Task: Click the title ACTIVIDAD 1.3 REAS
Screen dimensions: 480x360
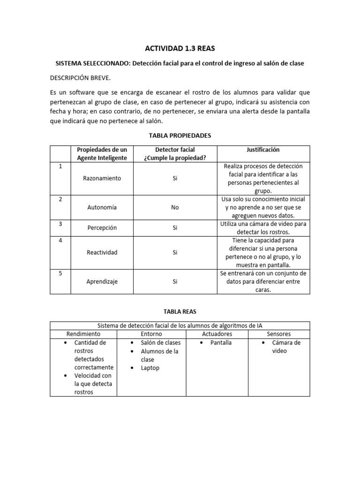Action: (180, 48)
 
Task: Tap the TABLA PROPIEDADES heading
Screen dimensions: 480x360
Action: (180, 135)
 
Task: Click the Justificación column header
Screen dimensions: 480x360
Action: (263, 150)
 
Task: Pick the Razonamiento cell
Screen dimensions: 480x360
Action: (102, 179)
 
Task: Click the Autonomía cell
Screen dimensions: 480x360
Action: (102, 207)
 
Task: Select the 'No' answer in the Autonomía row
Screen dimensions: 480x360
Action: (175, 207)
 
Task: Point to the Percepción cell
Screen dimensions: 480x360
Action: (102, 228)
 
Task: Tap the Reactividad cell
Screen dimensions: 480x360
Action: (102, 252)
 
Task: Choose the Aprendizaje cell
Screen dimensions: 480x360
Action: (102, 282)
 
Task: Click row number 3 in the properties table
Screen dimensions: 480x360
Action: (60, 224)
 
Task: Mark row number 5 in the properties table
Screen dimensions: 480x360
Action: (60, 273)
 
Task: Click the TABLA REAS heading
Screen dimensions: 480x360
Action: (180, 311)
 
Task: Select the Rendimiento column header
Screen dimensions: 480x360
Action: (83, 334)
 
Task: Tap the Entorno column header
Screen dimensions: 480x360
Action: (151, 334)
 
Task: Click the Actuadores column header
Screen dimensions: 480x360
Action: (217, 334)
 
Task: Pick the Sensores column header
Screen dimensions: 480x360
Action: (278, 334)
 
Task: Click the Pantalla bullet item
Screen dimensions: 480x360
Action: (221, 343)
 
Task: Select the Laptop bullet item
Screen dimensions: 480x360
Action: (150, 368)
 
